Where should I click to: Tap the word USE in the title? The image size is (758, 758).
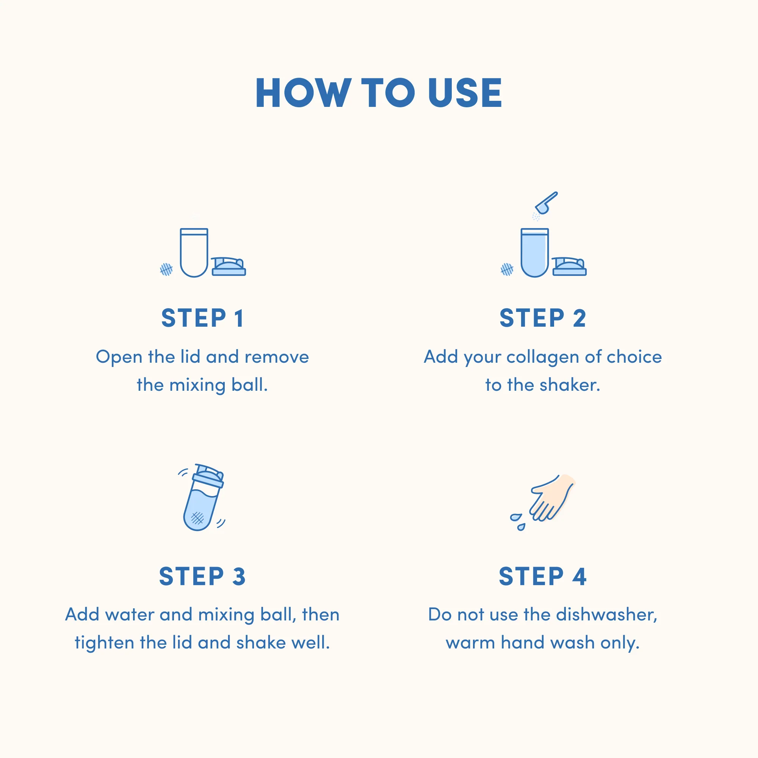[x=465, y=92]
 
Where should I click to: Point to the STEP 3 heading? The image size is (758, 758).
[x=202, y=576]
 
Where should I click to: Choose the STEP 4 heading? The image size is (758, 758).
[x=543, y=576]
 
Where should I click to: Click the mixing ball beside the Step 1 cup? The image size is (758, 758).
[x=166, y=269]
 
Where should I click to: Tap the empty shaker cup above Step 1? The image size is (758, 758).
[x=194, y=253]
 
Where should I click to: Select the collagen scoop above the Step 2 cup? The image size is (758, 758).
[x=546, y=203]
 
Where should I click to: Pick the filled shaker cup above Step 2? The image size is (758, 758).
[x=534, y=253]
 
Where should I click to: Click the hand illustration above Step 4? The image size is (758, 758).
[x=552, y=498]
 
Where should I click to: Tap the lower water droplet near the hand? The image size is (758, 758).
[x=521, y=527]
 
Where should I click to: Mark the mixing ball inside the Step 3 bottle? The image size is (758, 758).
[x=197, y=518]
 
